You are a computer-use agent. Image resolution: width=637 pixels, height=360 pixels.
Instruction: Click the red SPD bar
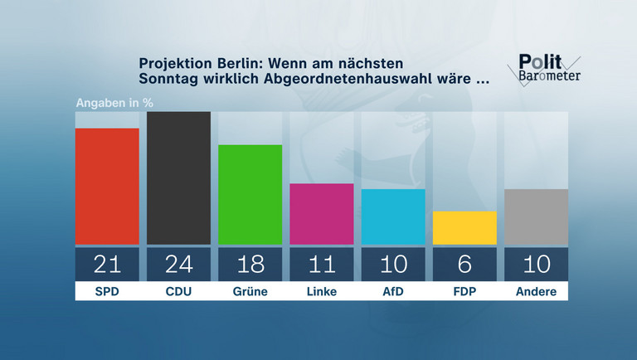(x=107, y=186)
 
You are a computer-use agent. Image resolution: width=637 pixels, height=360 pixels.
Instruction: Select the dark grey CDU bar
(x=178, y=178)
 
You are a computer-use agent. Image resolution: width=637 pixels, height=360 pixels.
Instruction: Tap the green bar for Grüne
(x=250, y=194)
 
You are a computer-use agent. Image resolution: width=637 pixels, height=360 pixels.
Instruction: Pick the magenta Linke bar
(x=322, y=214)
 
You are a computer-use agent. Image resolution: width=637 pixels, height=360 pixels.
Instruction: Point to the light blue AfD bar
(x=393, y=216)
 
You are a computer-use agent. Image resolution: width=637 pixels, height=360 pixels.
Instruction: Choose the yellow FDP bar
(x=464, y=227)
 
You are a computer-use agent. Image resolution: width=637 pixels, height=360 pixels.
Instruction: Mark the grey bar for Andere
(x=536, y=216)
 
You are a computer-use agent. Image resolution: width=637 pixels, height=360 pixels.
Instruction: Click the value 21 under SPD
(x=107, y=265)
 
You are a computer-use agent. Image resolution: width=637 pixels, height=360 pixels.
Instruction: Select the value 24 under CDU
(x=178, y=265)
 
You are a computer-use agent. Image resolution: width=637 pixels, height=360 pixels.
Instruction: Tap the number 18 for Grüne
(x=250, y=265)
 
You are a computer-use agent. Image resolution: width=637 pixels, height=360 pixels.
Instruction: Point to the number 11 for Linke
(x=322, y=265)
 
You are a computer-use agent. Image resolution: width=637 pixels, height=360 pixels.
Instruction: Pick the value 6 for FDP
(x=464, y=265)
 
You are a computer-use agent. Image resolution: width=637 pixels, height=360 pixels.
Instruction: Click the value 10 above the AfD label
(x=393, y=265)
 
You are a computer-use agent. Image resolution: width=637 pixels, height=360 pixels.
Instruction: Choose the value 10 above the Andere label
(x=536, y=265)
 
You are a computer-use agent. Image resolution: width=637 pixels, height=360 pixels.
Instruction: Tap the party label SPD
(x=107, y=292)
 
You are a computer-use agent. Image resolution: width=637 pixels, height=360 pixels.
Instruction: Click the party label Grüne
(x=250, y=292)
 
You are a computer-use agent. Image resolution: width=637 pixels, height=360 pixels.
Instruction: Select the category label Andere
(x=536, y=292)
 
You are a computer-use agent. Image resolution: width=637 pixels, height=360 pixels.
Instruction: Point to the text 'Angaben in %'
(x=115, y=104)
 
